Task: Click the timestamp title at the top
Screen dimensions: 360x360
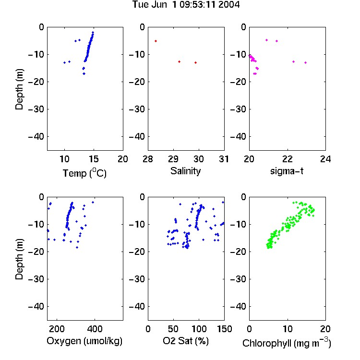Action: click(x=186, y=4)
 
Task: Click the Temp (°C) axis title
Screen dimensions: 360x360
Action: click(x=84, y=173)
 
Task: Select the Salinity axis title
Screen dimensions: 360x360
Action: click(x=185, y=171)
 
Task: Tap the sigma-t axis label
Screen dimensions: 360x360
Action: click(x=287, y=171)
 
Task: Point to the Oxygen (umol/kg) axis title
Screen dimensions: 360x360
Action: click(x=84, y=341)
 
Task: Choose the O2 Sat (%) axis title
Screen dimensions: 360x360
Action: click(x=186, y=341)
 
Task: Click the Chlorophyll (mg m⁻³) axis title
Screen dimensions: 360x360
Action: click(x=287, y=343)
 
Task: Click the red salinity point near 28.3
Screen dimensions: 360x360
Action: click(x=156, y=41)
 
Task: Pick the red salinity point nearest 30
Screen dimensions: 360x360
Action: click(x=196, y=63)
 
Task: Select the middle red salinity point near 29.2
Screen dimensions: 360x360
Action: click(x=180, y=62)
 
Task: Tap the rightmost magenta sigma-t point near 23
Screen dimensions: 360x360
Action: click(x=306, y=63)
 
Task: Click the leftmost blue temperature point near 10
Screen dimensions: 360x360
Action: click(x=64, y=63)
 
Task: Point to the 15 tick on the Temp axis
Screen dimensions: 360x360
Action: click(x=94, y=159)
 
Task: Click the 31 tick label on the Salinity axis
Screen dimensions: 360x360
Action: click(x=224, y=159)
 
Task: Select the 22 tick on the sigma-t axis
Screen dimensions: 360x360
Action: click(x=287, y=159)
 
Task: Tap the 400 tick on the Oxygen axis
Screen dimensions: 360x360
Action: click(x=95, y=329)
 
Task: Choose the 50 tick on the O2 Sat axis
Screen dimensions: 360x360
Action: click(x=173, y=329)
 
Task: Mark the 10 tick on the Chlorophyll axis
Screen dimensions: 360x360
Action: click(x=287, y=329)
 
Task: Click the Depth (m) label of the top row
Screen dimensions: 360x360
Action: click(x=19, y=89)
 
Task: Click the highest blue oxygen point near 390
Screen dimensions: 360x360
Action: click(x=93, y=202)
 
